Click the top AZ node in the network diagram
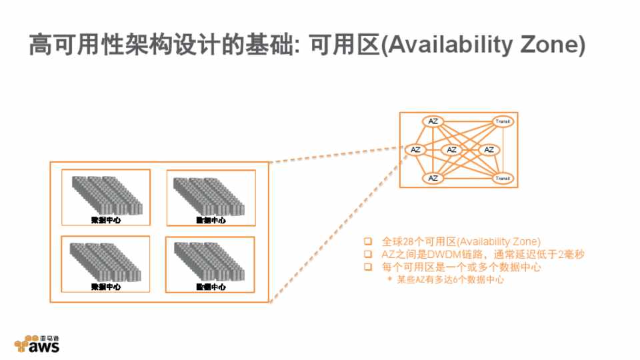pyautogui.click(x=433, y=121)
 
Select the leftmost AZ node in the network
pyautogui.click(x=415, y=149)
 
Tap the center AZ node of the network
pyautogui.click(x=451, y=149)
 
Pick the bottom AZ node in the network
pyautogui.click(x=433, y=178)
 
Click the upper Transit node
pyautogui.click(x=503, y=121)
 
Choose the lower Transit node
pyautogui.click(x=503, y=178)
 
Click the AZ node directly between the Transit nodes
pyautogui.click(x=488, y=149)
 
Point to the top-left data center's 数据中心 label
pyautogui.click(x=106, y=220)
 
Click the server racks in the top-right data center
pyautogui.click(x=209, y=195)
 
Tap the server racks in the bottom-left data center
pyautogui.click(x=106, y=261)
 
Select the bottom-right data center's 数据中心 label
pyautogui.click(x=210, y=287)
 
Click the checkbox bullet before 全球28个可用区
pyautogui.click(x=367, y=241)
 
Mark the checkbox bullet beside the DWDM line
pyautogui.click(x=367, y=254)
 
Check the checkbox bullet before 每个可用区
pyautogui.click(x=367, y=267)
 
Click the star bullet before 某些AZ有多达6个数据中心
pyautogui.click(x=390, y=280)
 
